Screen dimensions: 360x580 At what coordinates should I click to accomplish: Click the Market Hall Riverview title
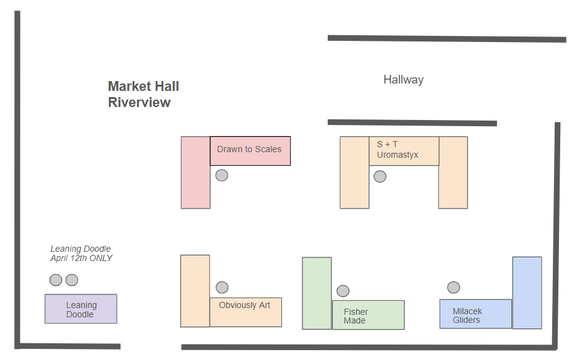tap(143, 95)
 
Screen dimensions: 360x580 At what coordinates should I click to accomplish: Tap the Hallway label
tap(403, 79)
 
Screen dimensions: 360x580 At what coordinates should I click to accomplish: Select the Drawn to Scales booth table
tap(250, 150)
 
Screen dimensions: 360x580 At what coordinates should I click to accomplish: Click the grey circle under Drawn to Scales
tap(221, 176)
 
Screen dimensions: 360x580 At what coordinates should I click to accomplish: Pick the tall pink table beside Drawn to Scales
tap(195, 173)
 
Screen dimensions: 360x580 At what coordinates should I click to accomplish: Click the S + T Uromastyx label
tap(398, 150)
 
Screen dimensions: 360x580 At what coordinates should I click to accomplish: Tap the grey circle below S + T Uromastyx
tap(380, 176)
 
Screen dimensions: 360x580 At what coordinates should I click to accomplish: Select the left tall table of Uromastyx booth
tap(354, 173)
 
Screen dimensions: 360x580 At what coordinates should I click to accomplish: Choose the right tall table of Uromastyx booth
tap(453, 173)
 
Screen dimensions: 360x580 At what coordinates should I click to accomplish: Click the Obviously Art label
tap(245, 305)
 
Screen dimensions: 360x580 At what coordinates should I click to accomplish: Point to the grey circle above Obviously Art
tap(222, 288)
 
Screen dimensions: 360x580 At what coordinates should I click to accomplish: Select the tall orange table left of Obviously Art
tap(195, 291)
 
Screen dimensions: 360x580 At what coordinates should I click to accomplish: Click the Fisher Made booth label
tap(356, 316)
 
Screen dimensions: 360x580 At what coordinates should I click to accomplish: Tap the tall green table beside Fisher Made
tap(317, 293)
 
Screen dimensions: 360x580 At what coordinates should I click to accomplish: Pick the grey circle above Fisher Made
tap(343, 291)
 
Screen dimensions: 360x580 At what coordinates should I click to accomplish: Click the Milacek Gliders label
tap(467, 315)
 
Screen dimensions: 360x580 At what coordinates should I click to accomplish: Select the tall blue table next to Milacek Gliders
tap(527, 293)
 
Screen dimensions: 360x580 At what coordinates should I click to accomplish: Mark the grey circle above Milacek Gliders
tap(453, 288)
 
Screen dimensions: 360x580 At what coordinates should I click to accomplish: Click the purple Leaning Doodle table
tap(80, 309)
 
